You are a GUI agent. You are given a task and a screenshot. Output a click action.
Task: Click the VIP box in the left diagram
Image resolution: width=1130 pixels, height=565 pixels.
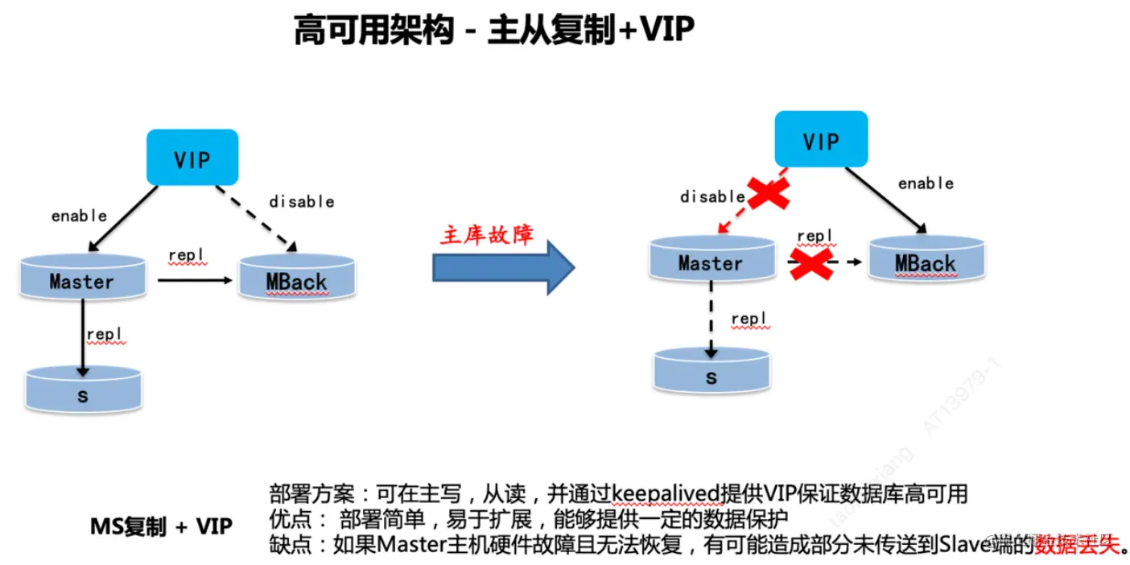(192, 158)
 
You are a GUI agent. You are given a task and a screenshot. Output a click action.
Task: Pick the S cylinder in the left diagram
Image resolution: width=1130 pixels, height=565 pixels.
(83, 391)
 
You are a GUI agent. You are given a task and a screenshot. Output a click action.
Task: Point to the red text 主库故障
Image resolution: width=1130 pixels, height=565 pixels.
(486, 233)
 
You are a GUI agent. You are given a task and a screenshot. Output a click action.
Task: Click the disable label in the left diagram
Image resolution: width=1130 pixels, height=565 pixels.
(301, 201)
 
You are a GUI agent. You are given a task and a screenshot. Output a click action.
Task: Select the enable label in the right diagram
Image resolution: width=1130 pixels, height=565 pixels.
(926, 184)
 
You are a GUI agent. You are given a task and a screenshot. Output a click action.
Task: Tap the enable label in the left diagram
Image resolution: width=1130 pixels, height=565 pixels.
(79, 215)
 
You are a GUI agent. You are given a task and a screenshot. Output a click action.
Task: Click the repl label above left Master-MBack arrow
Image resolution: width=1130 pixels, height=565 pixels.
(186, 256)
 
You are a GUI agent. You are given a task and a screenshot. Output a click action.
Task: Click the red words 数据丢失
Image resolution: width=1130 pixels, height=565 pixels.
(1078, 545)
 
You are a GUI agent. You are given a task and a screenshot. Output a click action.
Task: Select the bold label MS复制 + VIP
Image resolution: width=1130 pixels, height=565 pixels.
(161, 527)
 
